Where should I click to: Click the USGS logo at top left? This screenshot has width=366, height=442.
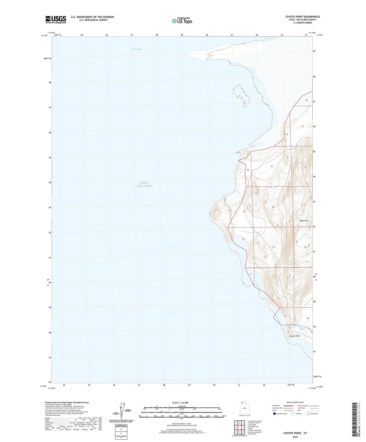[x=56, y=19]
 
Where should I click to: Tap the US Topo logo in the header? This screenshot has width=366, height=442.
[x=182, y=21]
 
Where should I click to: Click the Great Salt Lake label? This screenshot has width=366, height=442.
[x=146, y=184]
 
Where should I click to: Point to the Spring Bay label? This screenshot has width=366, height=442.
[x=136, y=49]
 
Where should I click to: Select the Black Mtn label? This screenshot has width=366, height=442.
[x=304, y=221]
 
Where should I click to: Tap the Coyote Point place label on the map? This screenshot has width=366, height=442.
[x=295, y=336]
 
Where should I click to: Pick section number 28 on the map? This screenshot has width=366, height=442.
[x=273, y=207]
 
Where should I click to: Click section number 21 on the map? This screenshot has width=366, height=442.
[x=272, y=167]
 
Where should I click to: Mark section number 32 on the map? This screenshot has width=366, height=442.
[x=243, y=239]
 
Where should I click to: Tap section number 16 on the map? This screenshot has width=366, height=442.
[x=287, y=134]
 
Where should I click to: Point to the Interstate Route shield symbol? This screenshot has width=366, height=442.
[x=275, y=414]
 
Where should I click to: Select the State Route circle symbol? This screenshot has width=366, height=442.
[x=308, y=414]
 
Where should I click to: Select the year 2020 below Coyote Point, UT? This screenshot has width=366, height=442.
[x=295, y=437]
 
